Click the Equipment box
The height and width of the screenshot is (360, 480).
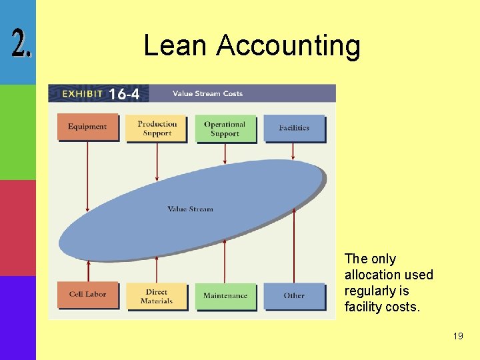(x=87, y=127)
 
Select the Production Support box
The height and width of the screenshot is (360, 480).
(x=157, y=128)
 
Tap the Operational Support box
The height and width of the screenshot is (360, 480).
(x=225, y=129)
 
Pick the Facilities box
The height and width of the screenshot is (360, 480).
(x=294, y=128)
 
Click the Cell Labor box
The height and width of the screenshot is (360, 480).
(x=87, y=295)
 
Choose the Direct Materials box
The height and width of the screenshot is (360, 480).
(x=157, y=296)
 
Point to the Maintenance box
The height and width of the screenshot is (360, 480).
(x=225, y=296)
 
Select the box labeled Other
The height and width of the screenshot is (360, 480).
(x=294, y=296)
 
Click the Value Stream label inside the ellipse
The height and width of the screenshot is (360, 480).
(x=191, y=209)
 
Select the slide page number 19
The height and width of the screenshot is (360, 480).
(x=457, y=336)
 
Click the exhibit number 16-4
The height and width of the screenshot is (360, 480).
(x=124, y=94)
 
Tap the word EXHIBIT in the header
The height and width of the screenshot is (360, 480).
(x=83, y=94)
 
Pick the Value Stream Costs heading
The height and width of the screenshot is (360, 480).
(x=207, y=93)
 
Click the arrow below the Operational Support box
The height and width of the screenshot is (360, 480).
(x=225, y=153)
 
